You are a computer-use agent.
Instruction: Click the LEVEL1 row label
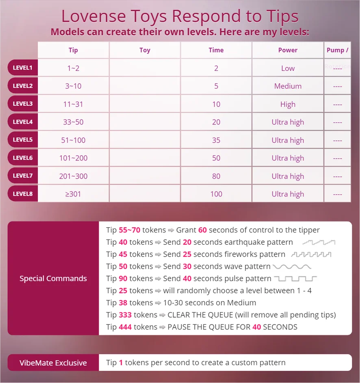click(x=23, y=68)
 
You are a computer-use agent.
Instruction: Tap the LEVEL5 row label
click(x=23, y=140)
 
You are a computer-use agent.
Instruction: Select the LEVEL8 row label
click(x=23, y=194)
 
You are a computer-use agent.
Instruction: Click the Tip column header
click(x=73, y=50)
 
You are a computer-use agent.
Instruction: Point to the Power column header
click(x=288, y=50)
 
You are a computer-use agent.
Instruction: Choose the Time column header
click(x=216, y=50)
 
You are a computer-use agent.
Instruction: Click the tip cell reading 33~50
click(x=73, y=122)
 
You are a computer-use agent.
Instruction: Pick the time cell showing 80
click(x=216, y=176)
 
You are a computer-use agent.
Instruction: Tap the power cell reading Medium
click(x=288, y=86)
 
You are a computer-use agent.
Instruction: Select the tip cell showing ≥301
click(x=73, y=194)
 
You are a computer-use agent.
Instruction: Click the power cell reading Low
click(x=288, y=68)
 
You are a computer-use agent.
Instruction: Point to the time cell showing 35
click(x=216, y=140)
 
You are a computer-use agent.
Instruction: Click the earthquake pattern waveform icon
click(x=319, y=242)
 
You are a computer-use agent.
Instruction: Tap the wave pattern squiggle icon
click(x=292, y=267)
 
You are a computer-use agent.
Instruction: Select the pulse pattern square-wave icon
click(x=295, y=279)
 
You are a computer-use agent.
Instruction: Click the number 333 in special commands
click(x=126, y=315)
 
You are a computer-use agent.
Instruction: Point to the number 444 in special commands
click(x=126, y=327)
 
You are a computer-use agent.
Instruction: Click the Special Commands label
click(x=53, y=279)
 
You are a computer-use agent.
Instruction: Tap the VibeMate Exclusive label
click(x=53, y=363)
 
